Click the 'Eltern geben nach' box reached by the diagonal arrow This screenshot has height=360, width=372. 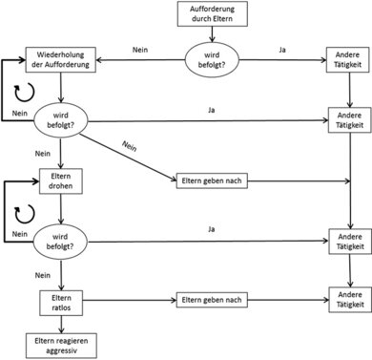pos(211,181)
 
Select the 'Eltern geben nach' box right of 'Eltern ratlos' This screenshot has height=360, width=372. pos(211,301)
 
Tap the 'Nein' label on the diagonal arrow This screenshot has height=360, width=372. pos(132,147)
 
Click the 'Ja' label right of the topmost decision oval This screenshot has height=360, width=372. pos(279,48)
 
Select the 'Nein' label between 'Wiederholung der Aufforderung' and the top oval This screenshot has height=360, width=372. pos(139,48)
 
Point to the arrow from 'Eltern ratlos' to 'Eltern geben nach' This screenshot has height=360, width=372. pos(128,302)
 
